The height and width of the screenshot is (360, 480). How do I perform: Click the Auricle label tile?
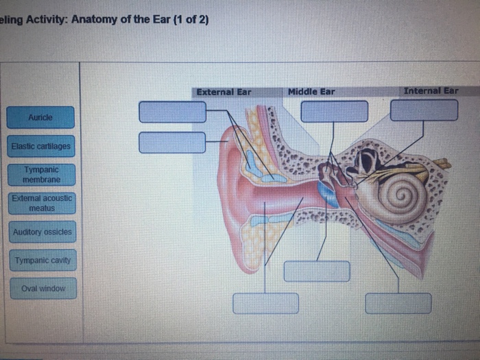coord(40,117)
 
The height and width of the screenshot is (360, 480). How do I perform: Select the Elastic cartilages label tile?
coord(40,146)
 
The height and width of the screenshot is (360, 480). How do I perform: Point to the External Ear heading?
coord(224,91)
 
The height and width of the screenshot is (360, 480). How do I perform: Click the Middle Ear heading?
coord(311,91)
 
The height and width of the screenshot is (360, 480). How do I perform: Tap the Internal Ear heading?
coord(431,91)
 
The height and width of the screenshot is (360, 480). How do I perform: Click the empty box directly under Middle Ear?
coord(335,110)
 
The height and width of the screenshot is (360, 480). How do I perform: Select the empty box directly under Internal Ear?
coord(424,110)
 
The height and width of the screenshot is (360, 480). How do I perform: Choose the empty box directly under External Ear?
coord(172,111)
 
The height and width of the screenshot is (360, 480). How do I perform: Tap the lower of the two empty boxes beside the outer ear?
coord(172,143)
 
